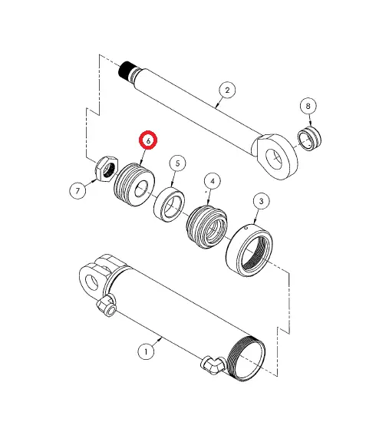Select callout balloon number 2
coord(226,90)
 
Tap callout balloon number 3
coord(262,202)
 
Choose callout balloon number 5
coord(177,163)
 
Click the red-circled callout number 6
coord(147,140)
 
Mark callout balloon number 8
coord(308,106)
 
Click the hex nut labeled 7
coord(106,166)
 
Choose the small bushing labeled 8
coord(309,140)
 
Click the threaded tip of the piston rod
coord(127,71)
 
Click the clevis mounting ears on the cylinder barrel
coord(94,275)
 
